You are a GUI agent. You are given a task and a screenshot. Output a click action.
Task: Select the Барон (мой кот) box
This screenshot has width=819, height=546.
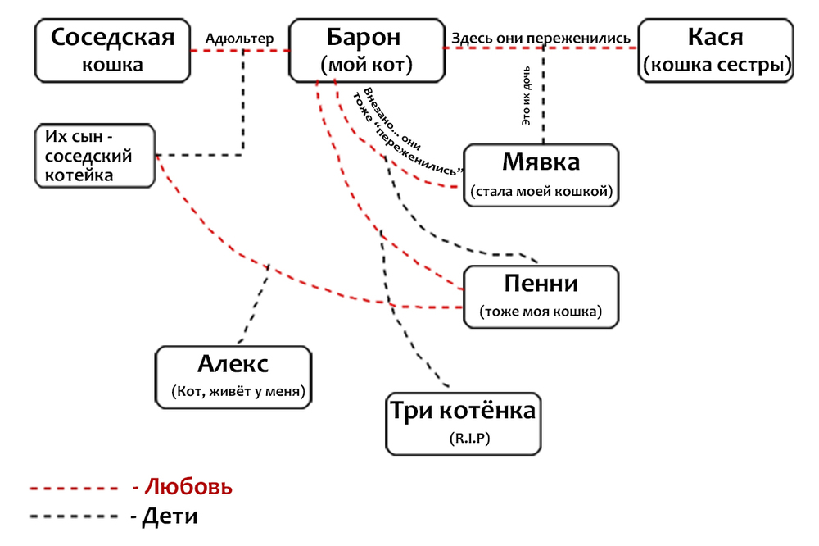365,50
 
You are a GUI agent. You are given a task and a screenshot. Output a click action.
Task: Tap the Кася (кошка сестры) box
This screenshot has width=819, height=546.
717,50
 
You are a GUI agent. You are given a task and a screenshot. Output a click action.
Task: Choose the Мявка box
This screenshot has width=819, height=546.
541,174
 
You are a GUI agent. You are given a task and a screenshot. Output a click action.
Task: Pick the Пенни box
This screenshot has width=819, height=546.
541,296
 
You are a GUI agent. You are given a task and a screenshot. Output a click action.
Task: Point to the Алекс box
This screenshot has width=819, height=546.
234,376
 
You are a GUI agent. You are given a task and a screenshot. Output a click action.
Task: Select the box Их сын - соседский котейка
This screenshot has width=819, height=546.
96,155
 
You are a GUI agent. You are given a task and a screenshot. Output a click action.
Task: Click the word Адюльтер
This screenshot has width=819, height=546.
239,38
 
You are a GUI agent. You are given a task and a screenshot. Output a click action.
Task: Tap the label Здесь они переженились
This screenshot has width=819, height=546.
541,38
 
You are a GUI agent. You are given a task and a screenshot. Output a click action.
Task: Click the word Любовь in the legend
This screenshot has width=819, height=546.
188,487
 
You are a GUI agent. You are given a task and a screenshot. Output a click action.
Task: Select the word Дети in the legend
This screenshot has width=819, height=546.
170,517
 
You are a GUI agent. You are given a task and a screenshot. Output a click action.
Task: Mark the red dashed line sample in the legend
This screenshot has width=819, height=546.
74,489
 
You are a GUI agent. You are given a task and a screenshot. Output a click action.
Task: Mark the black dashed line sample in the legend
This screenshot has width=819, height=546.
74,518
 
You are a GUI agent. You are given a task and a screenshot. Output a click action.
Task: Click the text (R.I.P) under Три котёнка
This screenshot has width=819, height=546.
463,439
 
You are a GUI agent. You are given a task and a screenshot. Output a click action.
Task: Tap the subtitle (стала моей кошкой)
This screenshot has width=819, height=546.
541,192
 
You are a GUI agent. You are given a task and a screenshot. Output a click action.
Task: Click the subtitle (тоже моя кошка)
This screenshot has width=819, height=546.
541,312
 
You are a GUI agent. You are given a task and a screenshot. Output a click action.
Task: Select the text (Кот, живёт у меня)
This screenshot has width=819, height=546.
238,392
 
